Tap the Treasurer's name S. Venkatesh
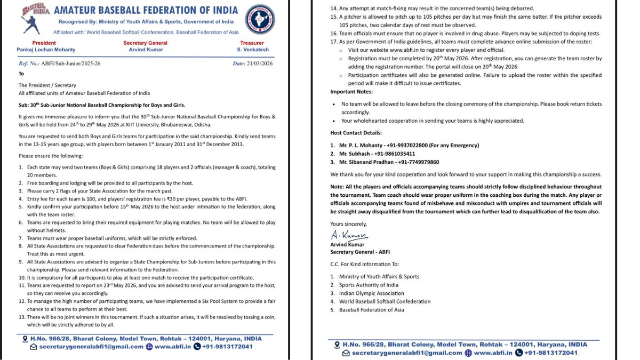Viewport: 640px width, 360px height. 252,50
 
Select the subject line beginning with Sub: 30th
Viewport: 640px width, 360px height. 102,105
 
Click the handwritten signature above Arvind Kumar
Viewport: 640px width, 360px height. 349,235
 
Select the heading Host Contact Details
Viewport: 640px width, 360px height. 356,133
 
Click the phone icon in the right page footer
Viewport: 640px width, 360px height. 517,353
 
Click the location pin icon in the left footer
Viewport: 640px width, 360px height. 25,339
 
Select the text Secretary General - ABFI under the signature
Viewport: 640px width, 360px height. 360,252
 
